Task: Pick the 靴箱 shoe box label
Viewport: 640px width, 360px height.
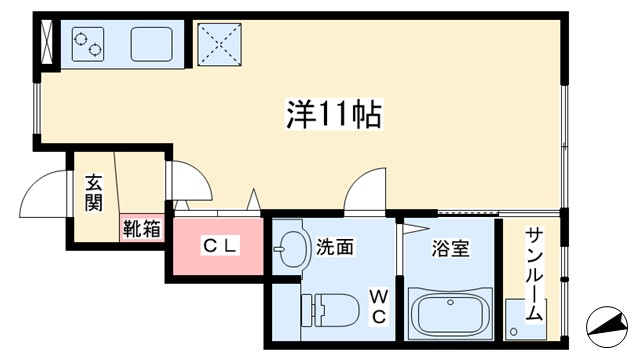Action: click(142, 229)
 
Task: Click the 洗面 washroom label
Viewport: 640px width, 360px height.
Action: click(336, 246)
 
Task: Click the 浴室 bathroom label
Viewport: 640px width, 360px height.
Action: click(451, 247)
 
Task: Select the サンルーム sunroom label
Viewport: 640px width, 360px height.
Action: click(534, 272)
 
